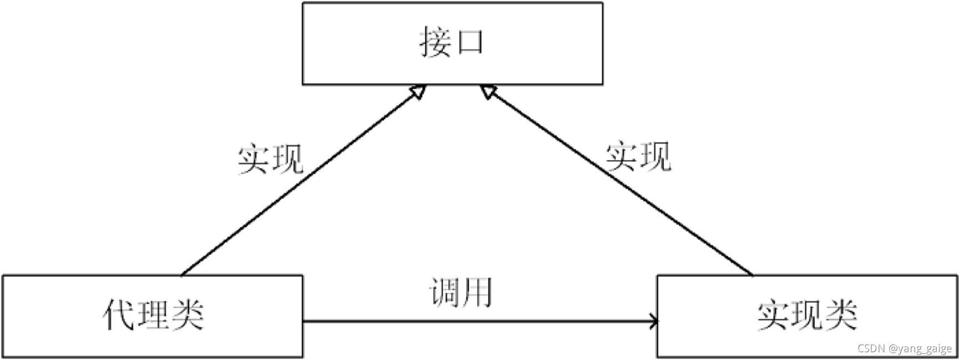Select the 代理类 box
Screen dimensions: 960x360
tap(153, 316)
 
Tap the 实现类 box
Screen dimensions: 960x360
tap(807, 316)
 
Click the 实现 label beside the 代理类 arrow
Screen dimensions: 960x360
tap(270, 159)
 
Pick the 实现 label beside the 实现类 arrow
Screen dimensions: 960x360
tap(638, 157)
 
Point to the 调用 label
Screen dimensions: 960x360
tap(461, 292)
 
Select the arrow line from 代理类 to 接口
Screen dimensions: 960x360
tap(300, 183)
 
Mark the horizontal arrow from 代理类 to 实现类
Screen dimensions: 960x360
tap(477, 321)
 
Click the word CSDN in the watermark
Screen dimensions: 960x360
tap(871, 348)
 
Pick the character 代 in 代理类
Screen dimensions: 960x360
tap(119, 315)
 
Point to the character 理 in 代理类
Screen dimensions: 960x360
tap(153, 315)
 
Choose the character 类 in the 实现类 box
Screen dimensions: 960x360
tap(841, 315)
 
